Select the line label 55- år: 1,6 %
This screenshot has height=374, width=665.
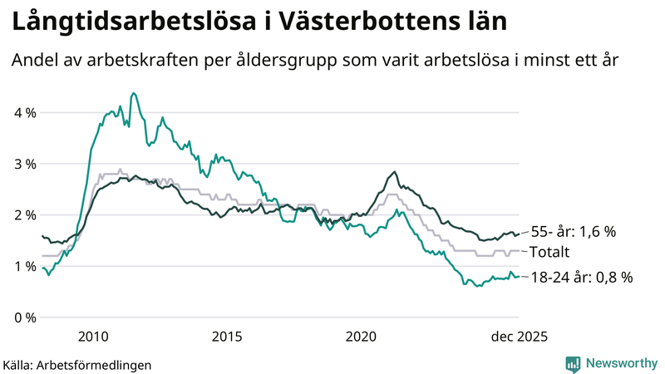tap(573, 232)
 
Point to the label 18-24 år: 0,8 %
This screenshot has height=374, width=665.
tap(581, 278)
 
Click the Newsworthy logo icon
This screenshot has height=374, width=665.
tap(573, 363)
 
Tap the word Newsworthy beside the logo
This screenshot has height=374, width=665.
tap(622, 363)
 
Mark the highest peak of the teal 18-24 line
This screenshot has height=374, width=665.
tap(134, 93)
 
